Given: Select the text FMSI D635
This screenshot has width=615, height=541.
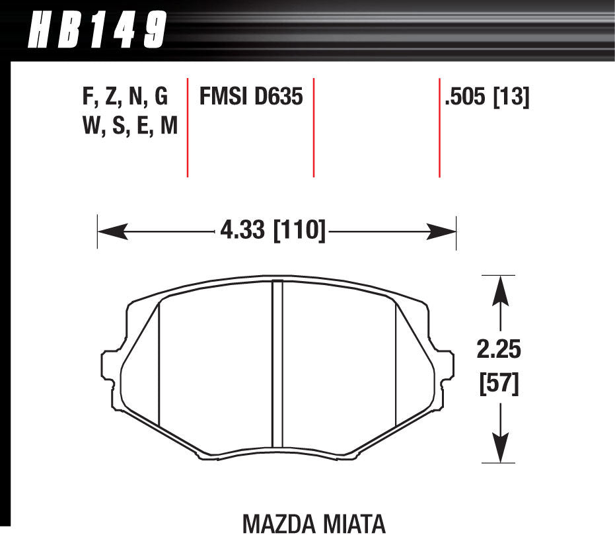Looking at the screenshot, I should click(x=251, y=97).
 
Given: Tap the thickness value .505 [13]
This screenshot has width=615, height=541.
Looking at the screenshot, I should click(x=488, y=97).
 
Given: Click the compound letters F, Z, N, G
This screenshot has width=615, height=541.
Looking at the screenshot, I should click(x=125, y=97).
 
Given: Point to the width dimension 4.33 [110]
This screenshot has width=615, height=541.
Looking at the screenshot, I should click(x=271, y=231).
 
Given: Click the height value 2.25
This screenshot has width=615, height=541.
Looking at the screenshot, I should click(x=499, y=350).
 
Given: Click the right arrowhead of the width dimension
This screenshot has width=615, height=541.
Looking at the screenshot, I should click(x=443, y=231).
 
